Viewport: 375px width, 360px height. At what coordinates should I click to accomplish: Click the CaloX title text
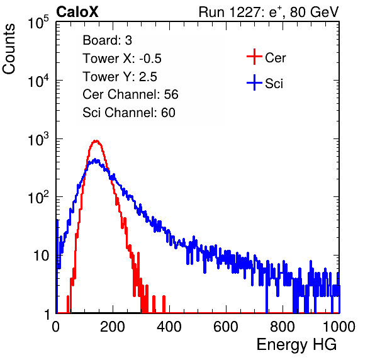click(x=77, y=12)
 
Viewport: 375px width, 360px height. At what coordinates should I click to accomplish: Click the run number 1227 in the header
click(x=246, y=12)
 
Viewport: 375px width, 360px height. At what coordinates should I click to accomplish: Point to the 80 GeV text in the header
click(x=314, y=12)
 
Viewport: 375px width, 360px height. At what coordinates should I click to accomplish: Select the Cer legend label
click(x=275, y=58)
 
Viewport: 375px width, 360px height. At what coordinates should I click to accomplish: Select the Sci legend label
click(x=274, y=84)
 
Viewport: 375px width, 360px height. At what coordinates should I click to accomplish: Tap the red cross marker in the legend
click(x=254, y=57)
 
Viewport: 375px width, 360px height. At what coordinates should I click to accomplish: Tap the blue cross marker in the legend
click(x=254, y=82)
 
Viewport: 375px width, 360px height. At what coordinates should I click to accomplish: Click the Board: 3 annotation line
click(x=107, y=40)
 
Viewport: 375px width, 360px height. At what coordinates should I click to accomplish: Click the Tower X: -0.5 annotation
click(x=122, y=59)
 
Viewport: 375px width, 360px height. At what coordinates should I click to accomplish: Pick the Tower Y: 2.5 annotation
click(x=120, y=77)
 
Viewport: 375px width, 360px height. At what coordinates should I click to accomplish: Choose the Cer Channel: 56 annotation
click(x=130, y=94)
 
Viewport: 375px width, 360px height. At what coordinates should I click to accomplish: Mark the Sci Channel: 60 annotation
click(x=129, y=113)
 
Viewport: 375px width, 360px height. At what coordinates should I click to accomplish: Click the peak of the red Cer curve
click(x=96, y=140)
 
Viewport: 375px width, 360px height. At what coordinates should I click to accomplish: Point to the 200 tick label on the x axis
click(x=113, y=327)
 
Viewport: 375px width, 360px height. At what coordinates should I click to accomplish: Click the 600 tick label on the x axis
click(x=226, y=327)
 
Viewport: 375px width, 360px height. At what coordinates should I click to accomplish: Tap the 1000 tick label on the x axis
click(x=339, y=327)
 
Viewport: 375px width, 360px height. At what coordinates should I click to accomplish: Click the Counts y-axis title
click(x=9, y=49)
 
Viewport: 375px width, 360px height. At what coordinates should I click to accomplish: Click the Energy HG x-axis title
click(x=296, y=345)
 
